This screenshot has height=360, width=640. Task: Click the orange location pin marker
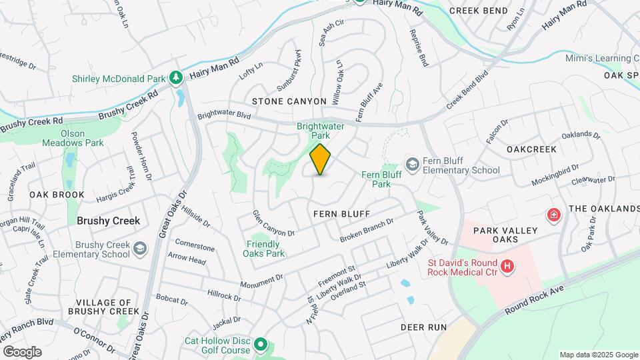[x=320, y=159]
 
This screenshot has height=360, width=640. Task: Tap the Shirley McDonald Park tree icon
[x=176, y=78]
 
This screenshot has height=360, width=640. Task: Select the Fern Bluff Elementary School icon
[x=412, y=164]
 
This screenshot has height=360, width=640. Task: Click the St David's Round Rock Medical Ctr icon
[x=508, y=266]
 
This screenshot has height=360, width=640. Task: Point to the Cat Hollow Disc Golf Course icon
[x=261, y=345]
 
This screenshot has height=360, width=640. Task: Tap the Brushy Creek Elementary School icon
[x=140, y=249]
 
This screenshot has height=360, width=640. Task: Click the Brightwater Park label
[x=314, y=130]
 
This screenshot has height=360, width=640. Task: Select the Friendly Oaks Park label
[x=266, y=249]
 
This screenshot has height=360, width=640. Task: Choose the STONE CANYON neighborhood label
[x=289, y=101]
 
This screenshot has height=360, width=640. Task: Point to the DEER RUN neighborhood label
[x=423, y=327]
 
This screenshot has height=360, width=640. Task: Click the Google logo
[x=22, y=352]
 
